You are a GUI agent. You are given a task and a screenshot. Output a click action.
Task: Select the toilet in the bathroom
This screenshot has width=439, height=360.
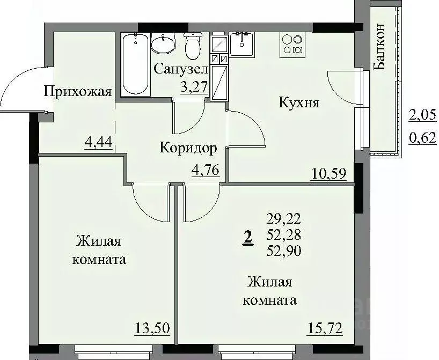(192, 46)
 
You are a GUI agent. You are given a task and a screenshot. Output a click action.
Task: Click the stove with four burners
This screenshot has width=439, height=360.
(293, 44)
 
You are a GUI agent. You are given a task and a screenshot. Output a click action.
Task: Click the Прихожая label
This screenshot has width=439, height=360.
(77, 92)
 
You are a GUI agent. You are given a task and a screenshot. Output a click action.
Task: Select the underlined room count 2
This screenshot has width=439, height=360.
(247, 237)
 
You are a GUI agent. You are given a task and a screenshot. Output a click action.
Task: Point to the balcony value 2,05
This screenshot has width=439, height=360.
(421, 114)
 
